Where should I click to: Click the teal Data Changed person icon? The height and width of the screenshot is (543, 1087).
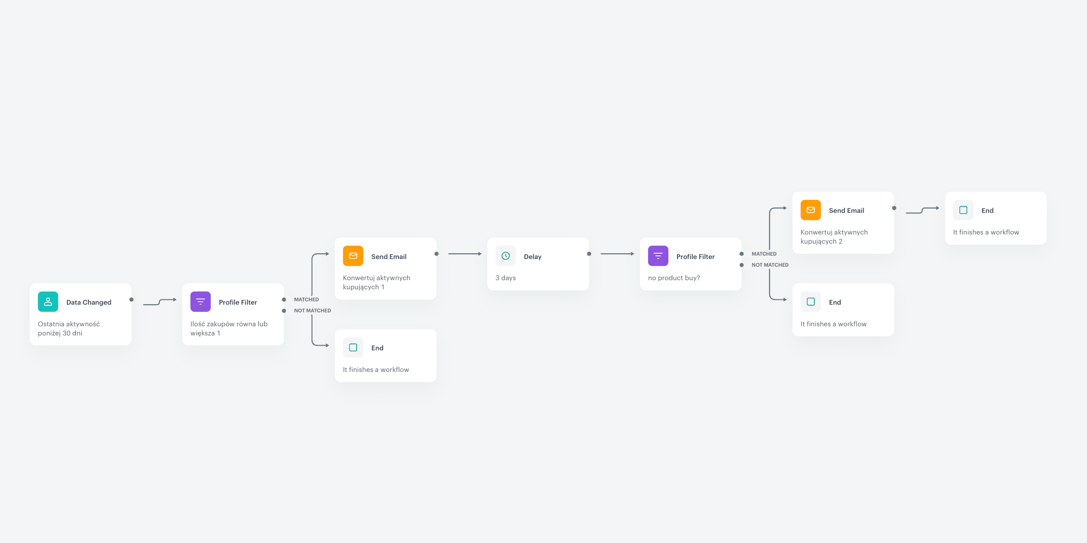coord(48,302)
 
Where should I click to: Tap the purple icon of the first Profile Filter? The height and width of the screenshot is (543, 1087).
coord(200,302)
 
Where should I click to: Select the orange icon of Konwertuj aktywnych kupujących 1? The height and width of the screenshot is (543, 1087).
coord(353,256)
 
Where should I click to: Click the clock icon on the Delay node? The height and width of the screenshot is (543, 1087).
coord(506,256)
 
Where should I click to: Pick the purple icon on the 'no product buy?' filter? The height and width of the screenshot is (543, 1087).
coord(658,256)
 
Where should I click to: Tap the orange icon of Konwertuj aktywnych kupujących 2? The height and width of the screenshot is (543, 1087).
coord(810,210)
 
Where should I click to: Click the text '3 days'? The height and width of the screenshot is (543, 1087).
coord(506,278)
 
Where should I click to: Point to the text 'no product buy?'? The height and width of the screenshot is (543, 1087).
coord(674,278)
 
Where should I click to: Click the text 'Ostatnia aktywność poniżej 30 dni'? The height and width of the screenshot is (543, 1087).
coord(69,329)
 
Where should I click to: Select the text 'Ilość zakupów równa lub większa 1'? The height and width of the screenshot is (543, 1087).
coord(229,329)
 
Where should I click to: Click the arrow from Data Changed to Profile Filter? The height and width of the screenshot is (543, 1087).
coord(160,302)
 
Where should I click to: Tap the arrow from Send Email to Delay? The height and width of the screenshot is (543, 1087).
coord(465,254)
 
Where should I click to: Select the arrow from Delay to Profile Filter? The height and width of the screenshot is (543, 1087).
coord(617,254)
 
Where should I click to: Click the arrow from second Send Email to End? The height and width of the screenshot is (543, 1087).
coord(922,210)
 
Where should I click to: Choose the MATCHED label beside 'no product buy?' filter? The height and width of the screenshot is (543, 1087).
coord(764,254)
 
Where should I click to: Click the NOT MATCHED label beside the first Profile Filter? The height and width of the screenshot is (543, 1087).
coord(313,310)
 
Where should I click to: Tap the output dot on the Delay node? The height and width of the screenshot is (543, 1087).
coord(589,254)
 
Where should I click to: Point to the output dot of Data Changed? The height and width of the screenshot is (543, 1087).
coord(132,299)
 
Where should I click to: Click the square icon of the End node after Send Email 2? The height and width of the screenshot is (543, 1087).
coord(963,210)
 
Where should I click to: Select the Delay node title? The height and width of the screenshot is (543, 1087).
coord(532,257)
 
